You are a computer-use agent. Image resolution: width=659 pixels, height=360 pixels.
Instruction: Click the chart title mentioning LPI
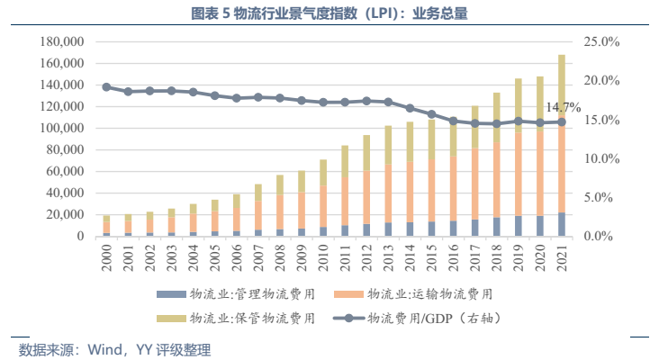pyautogui.click(x=329, y=13)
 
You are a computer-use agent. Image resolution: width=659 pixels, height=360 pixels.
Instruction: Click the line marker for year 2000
pyautogui.click(x=106, y=87)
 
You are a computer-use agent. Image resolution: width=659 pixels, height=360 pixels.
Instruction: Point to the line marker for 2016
pyautogui.click(x=453, y=121)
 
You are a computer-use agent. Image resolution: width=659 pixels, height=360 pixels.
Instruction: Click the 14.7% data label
pyautogui.click(x=564, y=108)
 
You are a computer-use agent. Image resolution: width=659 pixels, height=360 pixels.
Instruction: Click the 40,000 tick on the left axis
pyautogui.click(x=62, y=193)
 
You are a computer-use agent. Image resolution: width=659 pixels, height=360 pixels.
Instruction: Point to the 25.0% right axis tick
pyautogui.click(x=601, y=41)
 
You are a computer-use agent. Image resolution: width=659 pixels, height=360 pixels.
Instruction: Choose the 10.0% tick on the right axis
pyautogui.click(x=601, y=158)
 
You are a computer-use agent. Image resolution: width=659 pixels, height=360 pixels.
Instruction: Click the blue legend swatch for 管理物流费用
pyautogui.click(x=169, y=294)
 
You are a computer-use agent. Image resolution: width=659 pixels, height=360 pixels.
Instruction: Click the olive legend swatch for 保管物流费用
pyautogui.click(x=169, y=318)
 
